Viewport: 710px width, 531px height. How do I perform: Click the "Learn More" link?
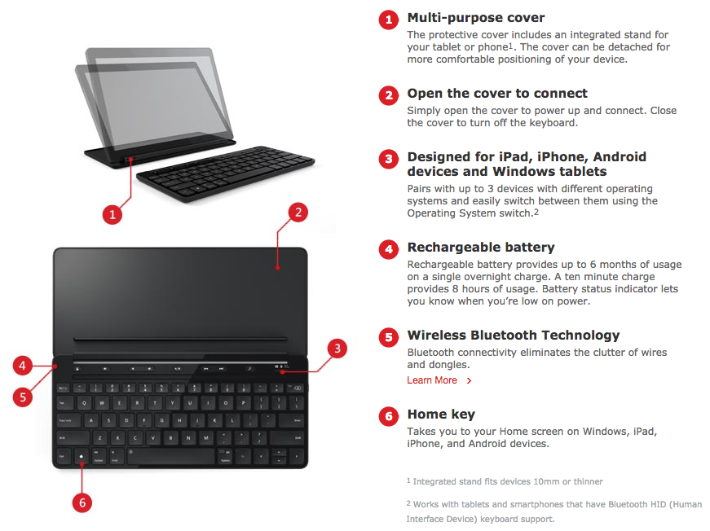(x=431, y=380)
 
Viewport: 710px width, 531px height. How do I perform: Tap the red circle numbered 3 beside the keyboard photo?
(x=337, y=349)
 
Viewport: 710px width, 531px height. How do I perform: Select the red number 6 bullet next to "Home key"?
(x=389, y=416)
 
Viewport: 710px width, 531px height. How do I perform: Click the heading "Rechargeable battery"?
(x=481, y=248)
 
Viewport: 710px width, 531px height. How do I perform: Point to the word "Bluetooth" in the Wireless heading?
(x=504, y=336)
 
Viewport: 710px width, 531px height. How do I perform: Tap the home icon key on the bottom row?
(x=82, y=456)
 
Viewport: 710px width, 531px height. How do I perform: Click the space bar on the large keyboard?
(x=172, y=456)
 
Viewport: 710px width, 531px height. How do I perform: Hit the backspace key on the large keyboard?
(x=296, y=388)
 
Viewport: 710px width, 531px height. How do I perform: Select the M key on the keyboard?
(x=206, y=438)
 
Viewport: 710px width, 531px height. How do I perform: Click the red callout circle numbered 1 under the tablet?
(x=112, y=214)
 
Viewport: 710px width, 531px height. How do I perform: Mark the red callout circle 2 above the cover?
(x=298, y=212)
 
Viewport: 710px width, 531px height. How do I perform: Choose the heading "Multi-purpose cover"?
(x=476, y=18)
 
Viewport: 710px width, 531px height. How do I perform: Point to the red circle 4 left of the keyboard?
(x=23, y=365)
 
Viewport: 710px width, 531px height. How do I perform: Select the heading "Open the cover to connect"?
(x=497, y=94)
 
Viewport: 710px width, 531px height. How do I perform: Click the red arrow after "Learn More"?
(x=469, y=381)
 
